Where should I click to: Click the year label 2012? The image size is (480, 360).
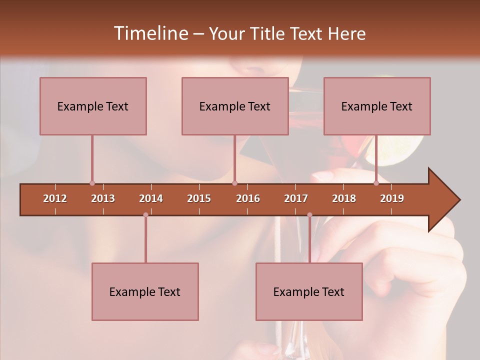pos(55,198)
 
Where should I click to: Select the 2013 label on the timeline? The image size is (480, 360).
pos(103,198)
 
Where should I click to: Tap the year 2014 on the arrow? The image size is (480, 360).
pos(151,198)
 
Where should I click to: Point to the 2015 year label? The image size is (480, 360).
pos(199,198)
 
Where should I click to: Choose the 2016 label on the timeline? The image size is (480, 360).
pos(248,198)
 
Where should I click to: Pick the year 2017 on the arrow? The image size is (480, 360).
pos(296,198)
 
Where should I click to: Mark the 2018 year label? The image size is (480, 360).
pos(344,198)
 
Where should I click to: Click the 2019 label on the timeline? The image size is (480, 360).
pos(392,198)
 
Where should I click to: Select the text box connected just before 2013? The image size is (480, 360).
pos(93,106)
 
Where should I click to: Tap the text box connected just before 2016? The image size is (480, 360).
pos(235,106)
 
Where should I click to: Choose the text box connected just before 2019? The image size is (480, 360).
pos(377,106)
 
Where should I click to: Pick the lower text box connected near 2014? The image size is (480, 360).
pos(145,291)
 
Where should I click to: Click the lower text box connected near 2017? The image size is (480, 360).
pos(309,291)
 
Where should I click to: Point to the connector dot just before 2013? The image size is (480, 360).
pos(92,183)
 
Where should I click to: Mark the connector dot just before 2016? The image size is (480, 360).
pos(235,183)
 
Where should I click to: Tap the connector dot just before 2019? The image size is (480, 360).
pos(376,183)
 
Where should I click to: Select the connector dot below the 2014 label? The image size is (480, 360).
pos(145,215)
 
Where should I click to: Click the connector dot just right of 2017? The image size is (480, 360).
pos(309,215)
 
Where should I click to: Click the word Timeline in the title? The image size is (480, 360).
pos(150,33)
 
